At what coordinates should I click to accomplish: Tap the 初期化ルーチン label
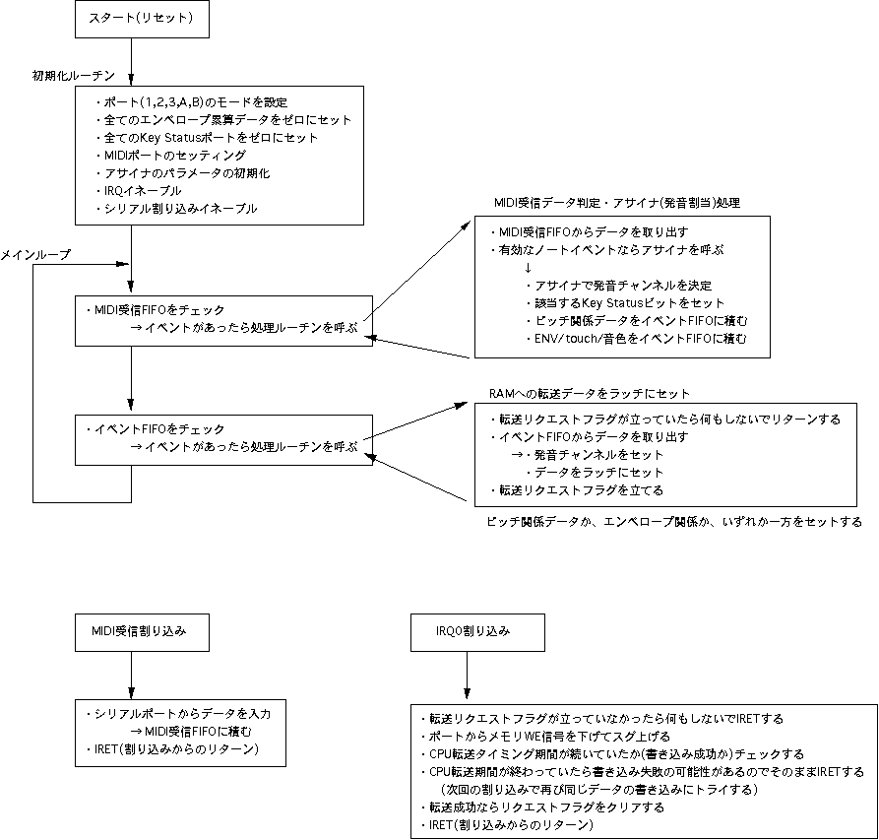[x=74, y=75]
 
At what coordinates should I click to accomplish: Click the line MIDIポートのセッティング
[x=172, y=155]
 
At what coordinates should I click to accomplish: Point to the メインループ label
[x=36, y=254]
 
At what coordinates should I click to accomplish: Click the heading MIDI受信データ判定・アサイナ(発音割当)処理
[x=616, y=202]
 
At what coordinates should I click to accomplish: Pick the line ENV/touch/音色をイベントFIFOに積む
[x=635, y=339]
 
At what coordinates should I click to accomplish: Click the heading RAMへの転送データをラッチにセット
[x=590, y=393]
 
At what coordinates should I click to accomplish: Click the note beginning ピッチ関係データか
[x=674, y=521]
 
